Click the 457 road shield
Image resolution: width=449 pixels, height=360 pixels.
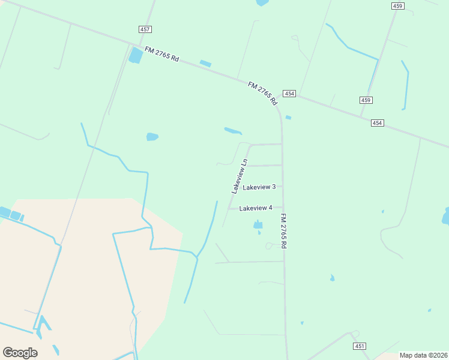click(145, 29)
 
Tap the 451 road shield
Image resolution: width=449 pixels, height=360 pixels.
click(360, 346)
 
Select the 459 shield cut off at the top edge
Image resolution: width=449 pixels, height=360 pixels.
click(397, 5)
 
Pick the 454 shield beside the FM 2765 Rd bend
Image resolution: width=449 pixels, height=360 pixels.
click(290, 94)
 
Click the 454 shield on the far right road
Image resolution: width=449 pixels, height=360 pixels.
click(377, 122)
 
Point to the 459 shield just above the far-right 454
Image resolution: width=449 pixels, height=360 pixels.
click(366, 100)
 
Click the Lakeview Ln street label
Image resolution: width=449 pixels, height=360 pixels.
click(240, 176)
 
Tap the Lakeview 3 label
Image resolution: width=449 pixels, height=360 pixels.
click(259, 187)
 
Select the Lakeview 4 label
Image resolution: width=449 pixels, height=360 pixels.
click(256, 208)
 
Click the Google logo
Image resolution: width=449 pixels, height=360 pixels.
click(20, 352)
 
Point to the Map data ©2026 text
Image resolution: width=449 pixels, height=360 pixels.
click(423, 355)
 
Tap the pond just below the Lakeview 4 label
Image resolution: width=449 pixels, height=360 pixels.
click(258, 225)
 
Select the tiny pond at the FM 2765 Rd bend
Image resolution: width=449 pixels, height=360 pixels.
click(289, 118)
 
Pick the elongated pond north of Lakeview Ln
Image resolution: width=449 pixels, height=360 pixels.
click(233, 131)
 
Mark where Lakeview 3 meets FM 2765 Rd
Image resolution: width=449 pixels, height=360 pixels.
click(282, 187)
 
